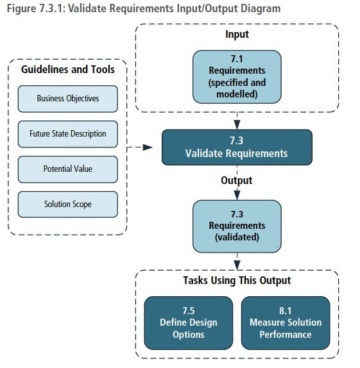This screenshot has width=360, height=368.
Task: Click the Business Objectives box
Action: click(68, 99)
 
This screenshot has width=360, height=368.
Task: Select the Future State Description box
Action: click(68, 134)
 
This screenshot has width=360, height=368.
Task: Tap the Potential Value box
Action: click(68, 169)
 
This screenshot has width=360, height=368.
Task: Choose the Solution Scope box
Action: click(68, 205)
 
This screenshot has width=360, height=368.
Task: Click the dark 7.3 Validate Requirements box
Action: click(237, 147)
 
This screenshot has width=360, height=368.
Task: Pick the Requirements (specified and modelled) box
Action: click(237, 77)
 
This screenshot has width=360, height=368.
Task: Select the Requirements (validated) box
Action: click(237, 226)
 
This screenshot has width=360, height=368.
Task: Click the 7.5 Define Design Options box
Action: click(189, 322)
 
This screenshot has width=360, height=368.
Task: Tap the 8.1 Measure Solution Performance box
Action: click(286, 322)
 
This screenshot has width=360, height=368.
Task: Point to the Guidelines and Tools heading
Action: click(68, 69)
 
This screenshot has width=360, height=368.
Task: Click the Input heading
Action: click(237, 34)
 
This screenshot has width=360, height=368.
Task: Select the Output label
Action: click(237, 181)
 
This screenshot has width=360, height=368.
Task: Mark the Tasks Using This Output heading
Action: click(237, 280)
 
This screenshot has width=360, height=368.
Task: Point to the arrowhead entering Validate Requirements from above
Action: click(237, 124)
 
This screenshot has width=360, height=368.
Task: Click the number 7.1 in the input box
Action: click(237, 59)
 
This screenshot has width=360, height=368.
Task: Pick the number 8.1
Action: click(286, 310)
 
